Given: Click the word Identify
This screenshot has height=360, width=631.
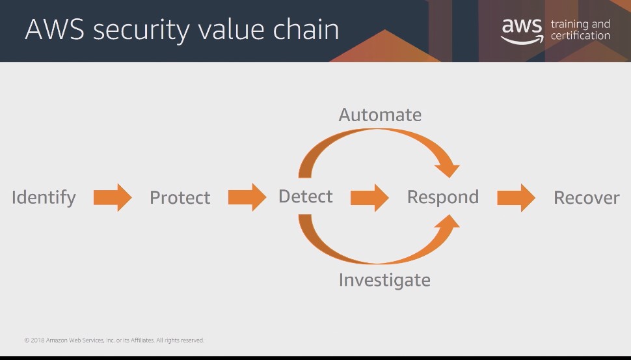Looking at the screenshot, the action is [44, 198].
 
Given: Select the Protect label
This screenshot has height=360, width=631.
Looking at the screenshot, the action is [180, 198].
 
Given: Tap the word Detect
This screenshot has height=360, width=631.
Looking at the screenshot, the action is [306, 197].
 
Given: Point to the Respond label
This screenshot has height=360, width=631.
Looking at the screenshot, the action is [442, 198].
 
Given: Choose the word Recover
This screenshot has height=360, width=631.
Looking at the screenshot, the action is [586, 198].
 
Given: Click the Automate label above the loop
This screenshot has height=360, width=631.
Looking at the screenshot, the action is [380, 115].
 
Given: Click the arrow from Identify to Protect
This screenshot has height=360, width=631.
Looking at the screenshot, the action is [113, 197].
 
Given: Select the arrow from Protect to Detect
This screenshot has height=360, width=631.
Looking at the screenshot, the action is [247, 197].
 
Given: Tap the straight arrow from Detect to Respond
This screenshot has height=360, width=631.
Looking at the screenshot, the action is [369, 198].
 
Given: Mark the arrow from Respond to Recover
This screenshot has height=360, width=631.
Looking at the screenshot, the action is [517, 198].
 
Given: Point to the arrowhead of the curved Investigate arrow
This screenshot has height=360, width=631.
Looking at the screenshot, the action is [448, 224].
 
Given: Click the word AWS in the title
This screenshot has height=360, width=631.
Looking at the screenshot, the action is [55, 29].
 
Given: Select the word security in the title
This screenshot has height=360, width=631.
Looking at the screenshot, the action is [141, 31].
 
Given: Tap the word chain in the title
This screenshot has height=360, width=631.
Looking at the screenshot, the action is [306, 29].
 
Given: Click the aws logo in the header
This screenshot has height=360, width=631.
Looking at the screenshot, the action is [522, 31].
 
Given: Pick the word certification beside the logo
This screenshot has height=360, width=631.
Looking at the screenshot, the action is [580, 35].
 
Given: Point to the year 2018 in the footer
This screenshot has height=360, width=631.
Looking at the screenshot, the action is [38, 340].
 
